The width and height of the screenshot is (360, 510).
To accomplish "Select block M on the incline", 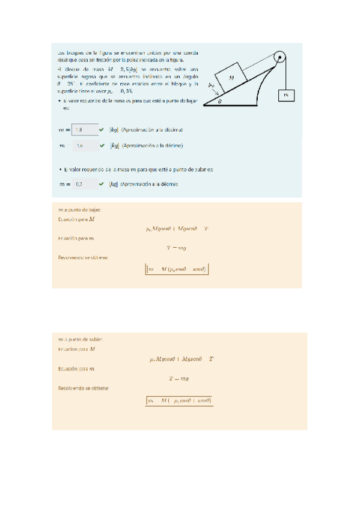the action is point(231,77).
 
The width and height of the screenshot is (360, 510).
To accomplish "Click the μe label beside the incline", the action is point(212,86).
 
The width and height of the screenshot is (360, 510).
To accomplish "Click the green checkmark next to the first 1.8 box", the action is point(102,129).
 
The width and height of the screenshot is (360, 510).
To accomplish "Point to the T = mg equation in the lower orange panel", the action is point(178,379).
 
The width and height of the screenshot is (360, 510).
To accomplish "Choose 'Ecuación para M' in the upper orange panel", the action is point(76,220).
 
